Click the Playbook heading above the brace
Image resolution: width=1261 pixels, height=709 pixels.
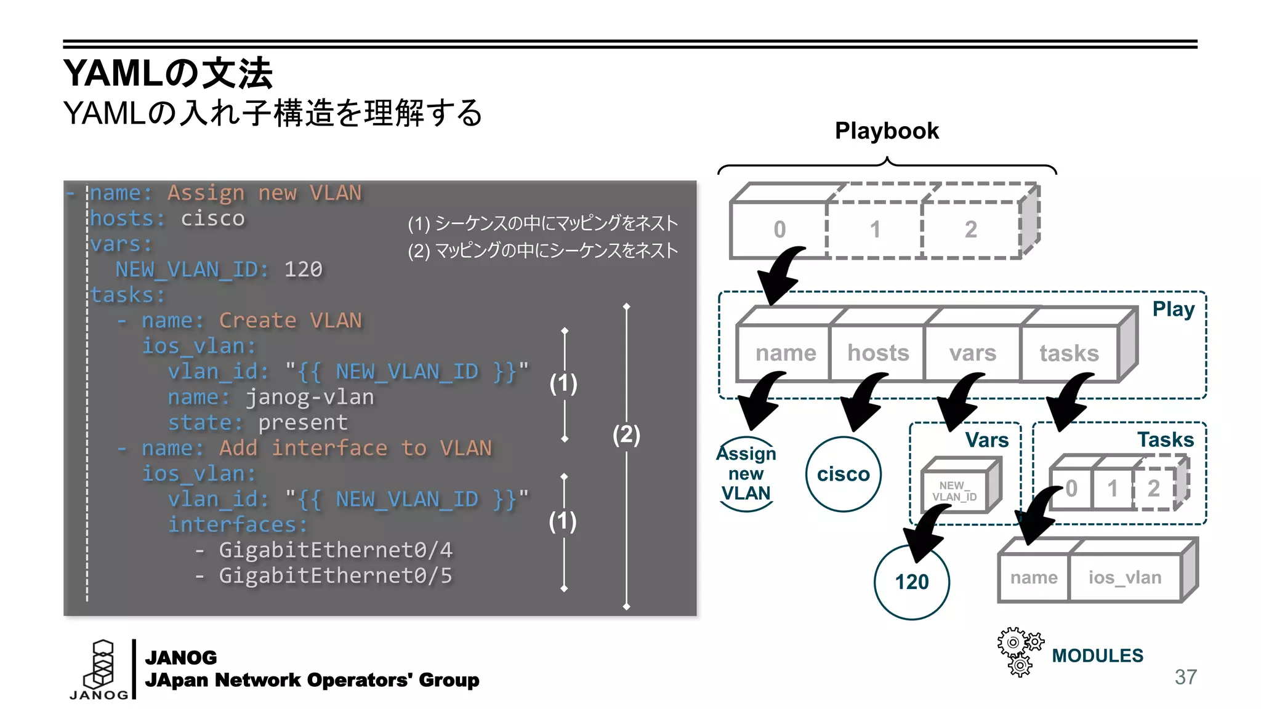click(886, 131)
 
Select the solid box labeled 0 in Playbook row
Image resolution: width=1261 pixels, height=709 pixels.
click(779, 230)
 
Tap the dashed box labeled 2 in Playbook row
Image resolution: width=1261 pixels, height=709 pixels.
click(970, 230)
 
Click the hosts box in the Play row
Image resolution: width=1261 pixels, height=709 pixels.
click(878, 353)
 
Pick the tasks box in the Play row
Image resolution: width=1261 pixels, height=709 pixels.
click(1069, 353)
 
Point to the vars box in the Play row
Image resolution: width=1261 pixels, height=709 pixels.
click(972, 353)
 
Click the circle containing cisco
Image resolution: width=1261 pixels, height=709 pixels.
click(843, 475)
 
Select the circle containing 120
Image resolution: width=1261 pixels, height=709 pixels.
click(911, 582)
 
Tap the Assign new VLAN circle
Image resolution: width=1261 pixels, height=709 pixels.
click(746, 474)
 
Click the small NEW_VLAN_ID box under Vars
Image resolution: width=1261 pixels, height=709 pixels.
click(954, 491)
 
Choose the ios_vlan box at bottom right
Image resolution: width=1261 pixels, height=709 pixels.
click(1125, 578)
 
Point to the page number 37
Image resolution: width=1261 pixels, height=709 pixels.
click(1185, 677)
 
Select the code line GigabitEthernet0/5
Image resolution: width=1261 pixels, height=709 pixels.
click(336, 576)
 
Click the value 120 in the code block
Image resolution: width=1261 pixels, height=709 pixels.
click(303, 270)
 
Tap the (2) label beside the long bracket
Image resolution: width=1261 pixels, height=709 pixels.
click(626, 435)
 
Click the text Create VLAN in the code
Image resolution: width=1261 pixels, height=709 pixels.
click(290, 321)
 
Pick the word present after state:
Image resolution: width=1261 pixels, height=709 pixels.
click(302, 423)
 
